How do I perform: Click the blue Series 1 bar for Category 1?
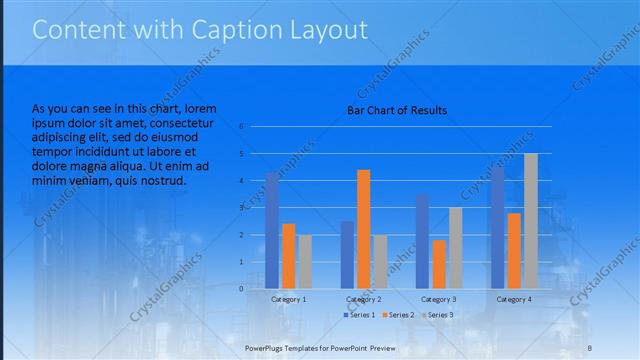pyautogui.click(x=272, y=231)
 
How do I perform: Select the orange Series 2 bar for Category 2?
pyautogui.click(x=363, y=229)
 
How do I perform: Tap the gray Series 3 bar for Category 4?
pyautogui.click(x=530, y=221)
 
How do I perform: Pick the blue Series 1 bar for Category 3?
pyautogui.click(x=422, y=241)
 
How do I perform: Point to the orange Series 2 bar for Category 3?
pyautogui.click(x=439, y=264)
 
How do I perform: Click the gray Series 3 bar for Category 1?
pyautogui.click(x=305, y=262)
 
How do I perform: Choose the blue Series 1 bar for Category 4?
pyautogui.click(x=498, y=227)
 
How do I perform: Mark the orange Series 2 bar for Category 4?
pyautogui.click(x=514, y=251)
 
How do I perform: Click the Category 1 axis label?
pyautogui.click(x=289, y=299)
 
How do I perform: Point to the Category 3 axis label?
pyautogui.click(x=439, y=299)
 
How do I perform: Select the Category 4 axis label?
pyautogui.click(x=514, y=299)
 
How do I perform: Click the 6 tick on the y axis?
pyautogui.click(x=241, y=127)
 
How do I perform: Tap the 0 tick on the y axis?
pyautogui.click(x=241, y=289)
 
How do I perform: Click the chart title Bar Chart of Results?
pyautogui.click(x=397, y=110)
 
